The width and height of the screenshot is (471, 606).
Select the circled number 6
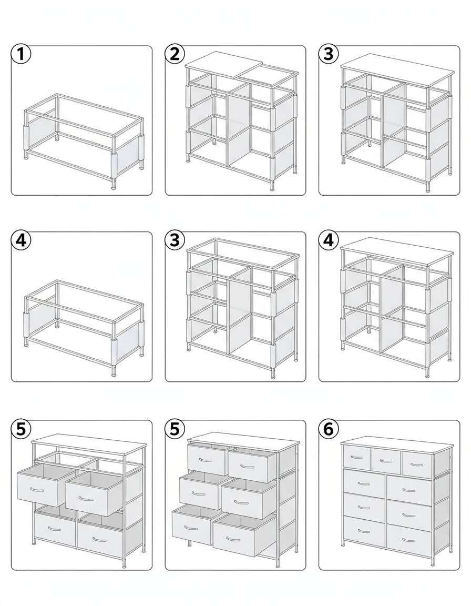[x=329, y=429]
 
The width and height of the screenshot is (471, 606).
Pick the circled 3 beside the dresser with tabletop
[x=329, y=54]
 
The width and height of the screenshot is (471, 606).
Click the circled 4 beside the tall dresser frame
[x=329, y=240]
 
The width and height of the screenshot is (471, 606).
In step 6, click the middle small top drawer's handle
[x=386, y=461]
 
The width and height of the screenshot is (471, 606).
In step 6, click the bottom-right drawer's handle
[x=409, y=540]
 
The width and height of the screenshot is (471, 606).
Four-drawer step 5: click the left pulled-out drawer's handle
[x=37, y=490]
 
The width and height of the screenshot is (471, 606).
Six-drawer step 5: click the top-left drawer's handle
[x=206, y=460]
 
